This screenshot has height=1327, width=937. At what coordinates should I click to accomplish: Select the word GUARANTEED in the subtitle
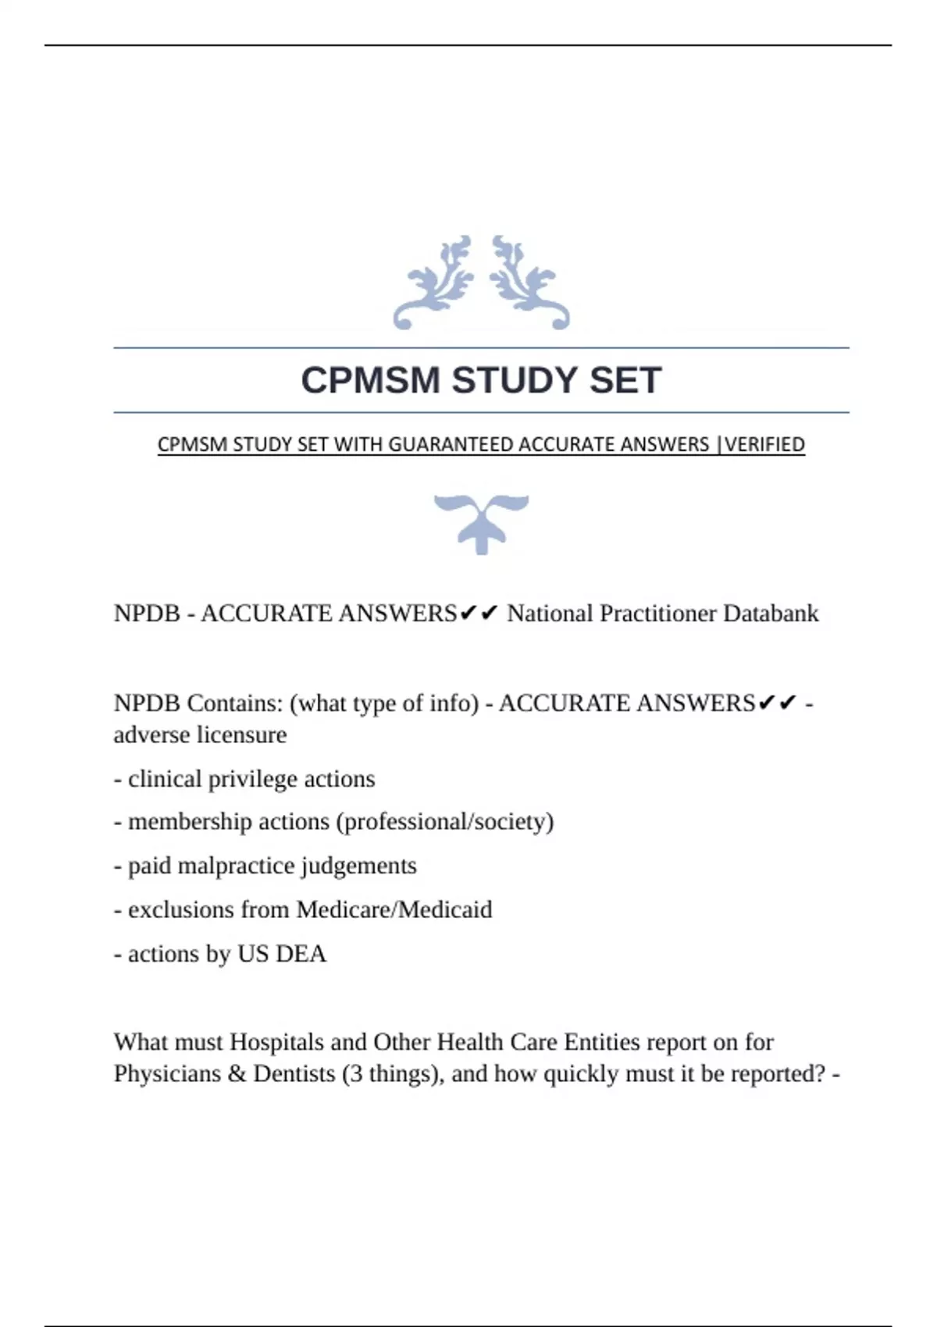[x=451, y=445]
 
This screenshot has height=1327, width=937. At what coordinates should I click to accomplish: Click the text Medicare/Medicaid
[x=394, y=910]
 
